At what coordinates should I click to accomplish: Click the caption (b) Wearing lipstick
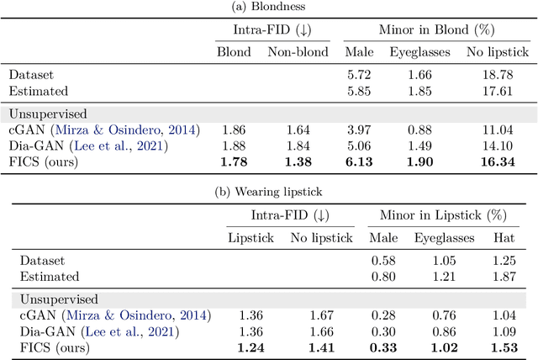(268, 191)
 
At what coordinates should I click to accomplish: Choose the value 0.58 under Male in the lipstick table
(383, 260)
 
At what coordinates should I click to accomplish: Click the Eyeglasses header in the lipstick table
(444, 238)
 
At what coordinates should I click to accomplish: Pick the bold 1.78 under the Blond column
(233, 161)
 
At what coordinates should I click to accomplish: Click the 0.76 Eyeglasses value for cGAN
(444, 315)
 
